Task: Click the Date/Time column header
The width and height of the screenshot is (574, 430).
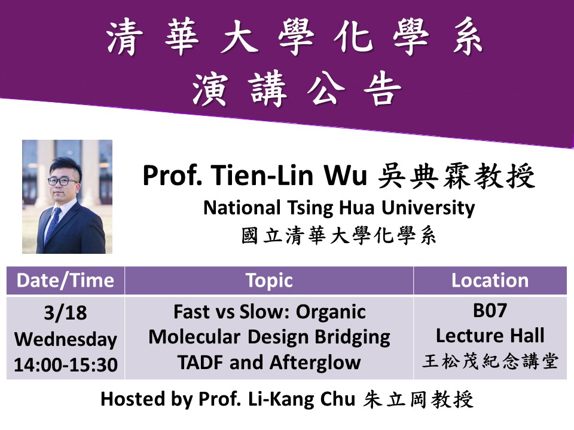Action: [65, 281]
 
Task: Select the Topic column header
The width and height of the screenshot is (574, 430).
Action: [269, 281]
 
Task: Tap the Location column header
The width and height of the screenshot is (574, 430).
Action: [490, 281]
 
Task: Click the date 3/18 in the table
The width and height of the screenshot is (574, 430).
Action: [66, 312]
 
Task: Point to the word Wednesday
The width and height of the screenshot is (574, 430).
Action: [66, 339]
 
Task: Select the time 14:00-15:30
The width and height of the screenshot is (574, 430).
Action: [66, 364]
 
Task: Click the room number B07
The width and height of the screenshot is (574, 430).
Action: [490, 311]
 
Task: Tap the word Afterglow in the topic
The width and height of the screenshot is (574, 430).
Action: [315, 363]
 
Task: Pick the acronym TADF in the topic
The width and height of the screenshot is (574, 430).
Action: [201, 363]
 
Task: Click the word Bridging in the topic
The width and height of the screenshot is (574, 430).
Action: [353, 337]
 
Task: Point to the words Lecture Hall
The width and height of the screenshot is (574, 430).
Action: [490, 335]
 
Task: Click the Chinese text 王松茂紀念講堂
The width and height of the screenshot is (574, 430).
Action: [490, 361]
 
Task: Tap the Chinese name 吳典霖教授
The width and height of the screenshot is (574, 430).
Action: [456, 176]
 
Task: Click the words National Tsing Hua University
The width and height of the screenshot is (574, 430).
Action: [339, 208]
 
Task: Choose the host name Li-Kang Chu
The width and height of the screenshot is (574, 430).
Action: [301, 399]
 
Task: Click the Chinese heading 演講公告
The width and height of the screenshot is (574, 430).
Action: [297, 88]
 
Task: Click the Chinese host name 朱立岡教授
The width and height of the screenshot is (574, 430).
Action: [418, 399]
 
